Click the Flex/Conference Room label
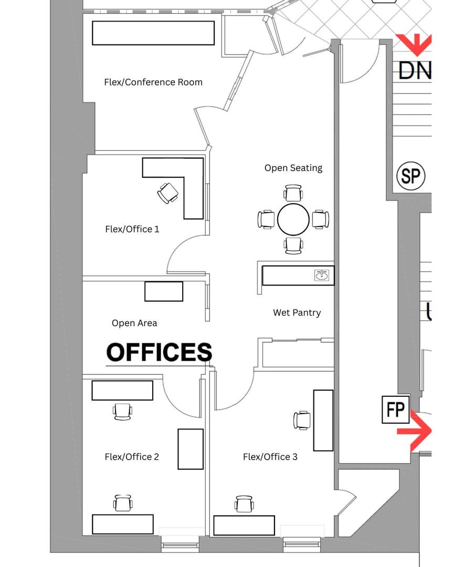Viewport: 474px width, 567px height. [153, 82]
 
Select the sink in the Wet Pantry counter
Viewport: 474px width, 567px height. [321, 275]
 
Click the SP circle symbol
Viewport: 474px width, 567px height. [410, 176]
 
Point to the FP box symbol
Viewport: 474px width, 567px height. [396, 409]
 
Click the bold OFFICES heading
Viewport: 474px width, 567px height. [159, 352]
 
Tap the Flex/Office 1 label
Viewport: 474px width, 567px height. [132, 229]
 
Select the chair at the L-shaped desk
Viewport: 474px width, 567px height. [168, 193]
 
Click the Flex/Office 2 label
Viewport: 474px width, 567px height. [132, 457]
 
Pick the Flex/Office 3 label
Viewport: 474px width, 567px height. [270, 457]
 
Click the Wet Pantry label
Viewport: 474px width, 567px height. [297, 313]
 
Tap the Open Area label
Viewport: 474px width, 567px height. [134, 323]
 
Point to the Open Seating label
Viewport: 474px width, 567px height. [293, 168]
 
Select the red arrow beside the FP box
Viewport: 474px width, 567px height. [414, 431]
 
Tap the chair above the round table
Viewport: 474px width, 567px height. [293, 193]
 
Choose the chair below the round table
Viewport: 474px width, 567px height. [293, 246]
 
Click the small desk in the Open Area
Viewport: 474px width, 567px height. [164, 291]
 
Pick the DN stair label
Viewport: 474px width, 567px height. [415, 71]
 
